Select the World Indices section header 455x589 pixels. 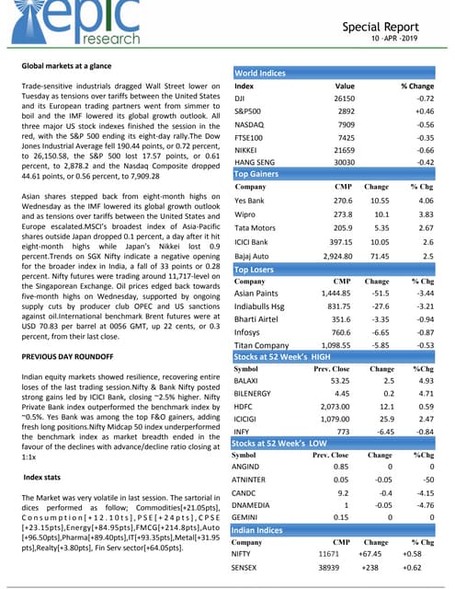point(260,73)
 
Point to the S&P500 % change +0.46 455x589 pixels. point(422,110)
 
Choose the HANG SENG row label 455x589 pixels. point(256,161)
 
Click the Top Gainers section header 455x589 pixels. point(256,174)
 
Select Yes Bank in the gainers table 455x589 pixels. point(250,200)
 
